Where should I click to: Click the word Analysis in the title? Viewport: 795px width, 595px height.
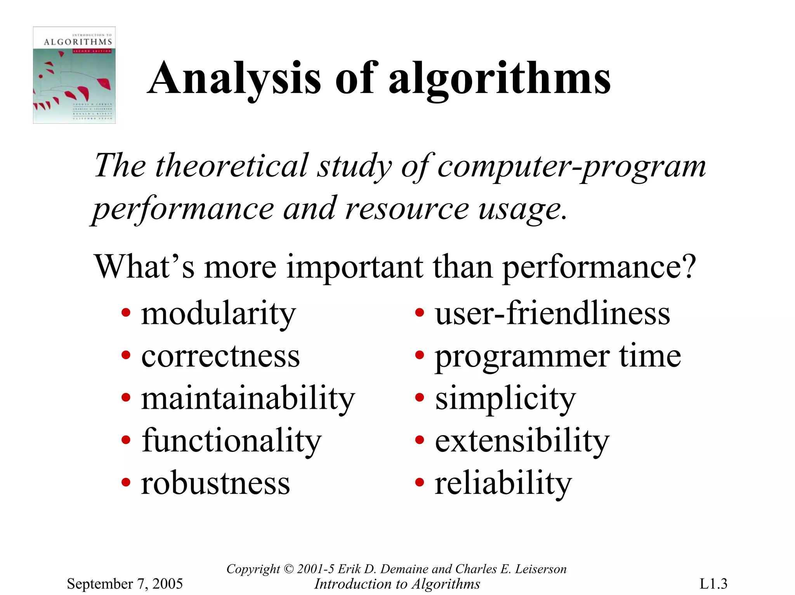click(234, 79)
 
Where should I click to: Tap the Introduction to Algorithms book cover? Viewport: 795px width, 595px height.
click(74, 75)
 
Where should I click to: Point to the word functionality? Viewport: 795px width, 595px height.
click(231, 441)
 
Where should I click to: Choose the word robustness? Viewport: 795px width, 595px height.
click(215, 484)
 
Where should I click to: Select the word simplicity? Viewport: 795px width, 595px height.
click(505, 400)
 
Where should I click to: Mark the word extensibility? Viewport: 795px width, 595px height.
click(522, 441)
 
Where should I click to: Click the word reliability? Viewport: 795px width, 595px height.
click(503, 484)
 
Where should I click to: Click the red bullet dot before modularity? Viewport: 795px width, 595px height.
click(126, 312)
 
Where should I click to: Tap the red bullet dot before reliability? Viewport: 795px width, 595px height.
click(419, 483)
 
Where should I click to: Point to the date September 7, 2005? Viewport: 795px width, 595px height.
click(125, 583)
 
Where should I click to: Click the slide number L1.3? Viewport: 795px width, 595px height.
click(713, 583)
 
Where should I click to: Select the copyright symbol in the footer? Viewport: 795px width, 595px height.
click(288, 569)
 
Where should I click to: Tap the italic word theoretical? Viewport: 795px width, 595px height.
click(232, 166)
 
